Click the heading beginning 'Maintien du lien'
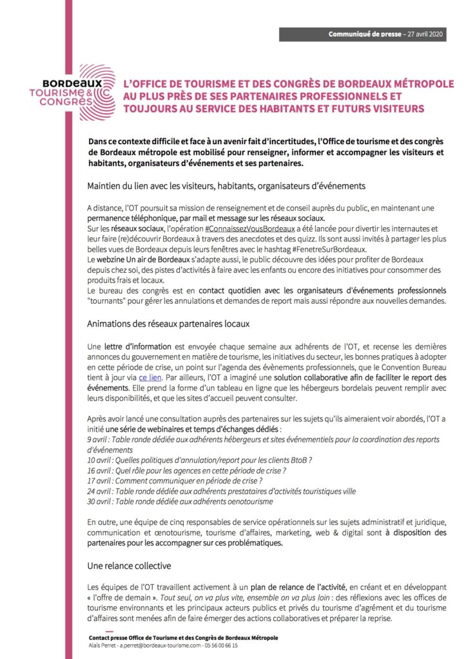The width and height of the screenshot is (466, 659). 226,185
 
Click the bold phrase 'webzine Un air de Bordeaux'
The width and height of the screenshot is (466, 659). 140,260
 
